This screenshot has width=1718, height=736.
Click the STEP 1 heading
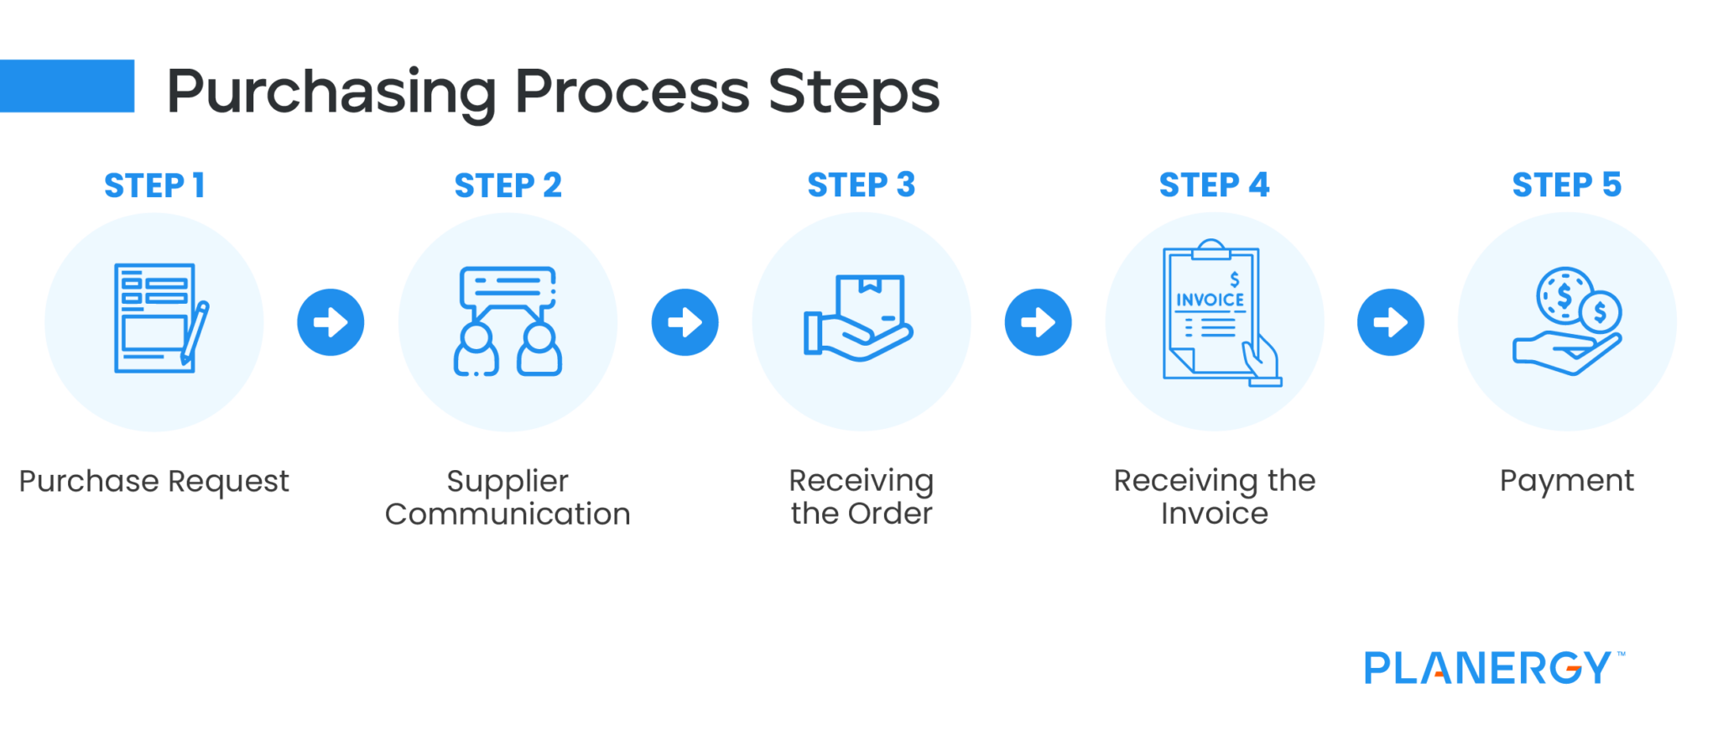(x=154, y=185)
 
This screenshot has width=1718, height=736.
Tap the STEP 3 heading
(x=861, y=185)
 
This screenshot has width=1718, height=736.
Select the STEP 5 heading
(x=1566, y=185)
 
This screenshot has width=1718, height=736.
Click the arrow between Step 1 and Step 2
(x=331, y=322)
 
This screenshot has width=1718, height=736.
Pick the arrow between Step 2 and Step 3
(x=685, y=322)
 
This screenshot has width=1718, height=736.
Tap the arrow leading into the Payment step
(x=1390, y=322)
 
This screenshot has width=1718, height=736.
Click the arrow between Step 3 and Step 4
(x=1038, y=322)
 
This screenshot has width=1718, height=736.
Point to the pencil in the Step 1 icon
(x=195, y=332)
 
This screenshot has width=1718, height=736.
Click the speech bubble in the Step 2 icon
(x=508, y=286)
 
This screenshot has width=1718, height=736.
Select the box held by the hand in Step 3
(x=870, y=301)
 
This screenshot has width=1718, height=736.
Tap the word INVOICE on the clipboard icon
(x=1210, y=300)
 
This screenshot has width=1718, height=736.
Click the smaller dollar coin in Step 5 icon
(x=1600, y=313)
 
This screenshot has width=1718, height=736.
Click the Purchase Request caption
(x=154, y=482)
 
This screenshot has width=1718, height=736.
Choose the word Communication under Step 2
(x=508, y=514)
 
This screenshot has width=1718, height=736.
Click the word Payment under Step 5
(x=1566, y=481)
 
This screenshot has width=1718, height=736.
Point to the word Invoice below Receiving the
(x=1214, y=514)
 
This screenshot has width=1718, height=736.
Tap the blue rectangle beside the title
(x=67, y=86)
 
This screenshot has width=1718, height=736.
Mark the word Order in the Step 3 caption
(x=890, y=514)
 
